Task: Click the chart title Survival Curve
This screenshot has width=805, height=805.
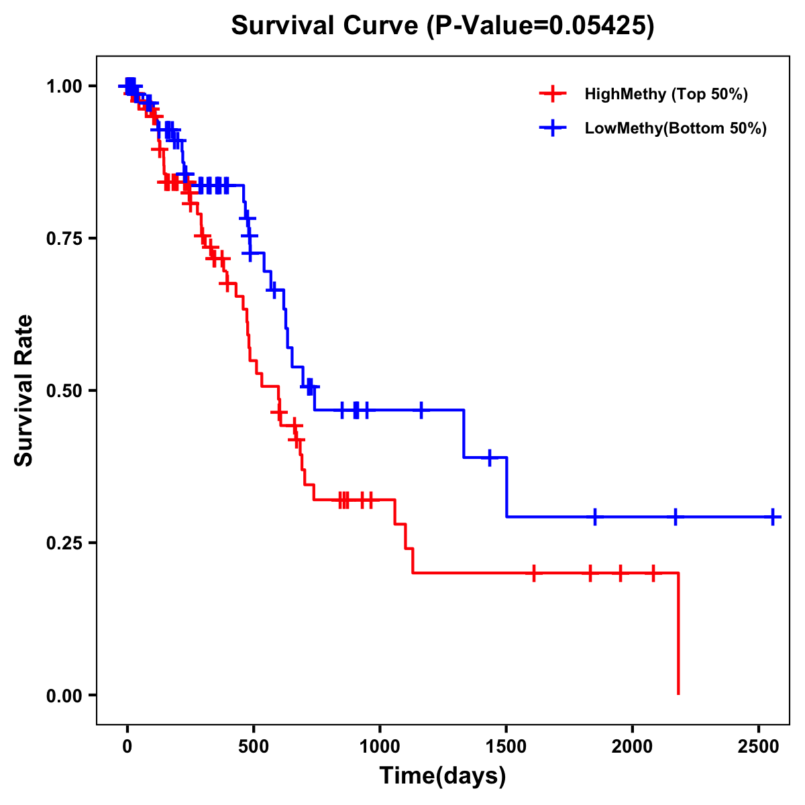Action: point(442,25)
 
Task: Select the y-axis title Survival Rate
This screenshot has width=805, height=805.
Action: point(24,390)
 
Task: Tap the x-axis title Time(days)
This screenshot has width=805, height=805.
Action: point(443,775)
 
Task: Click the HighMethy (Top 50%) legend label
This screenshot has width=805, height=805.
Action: point(665,94)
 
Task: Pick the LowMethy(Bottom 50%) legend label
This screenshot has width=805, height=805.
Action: point(676,128)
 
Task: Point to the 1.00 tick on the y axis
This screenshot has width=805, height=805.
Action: point(64,87)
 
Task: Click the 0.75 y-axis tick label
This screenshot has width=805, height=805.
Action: point(64,239)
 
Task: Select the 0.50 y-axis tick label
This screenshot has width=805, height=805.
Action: point(64,391)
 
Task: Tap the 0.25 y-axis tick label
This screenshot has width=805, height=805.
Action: point(64,543)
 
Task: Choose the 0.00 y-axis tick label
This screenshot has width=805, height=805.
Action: point(64,696)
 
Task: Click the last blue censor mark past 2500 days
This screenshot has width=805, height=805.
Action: point(773,517)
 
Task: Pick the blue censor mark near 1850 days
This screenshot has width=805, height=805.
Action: point(594,517)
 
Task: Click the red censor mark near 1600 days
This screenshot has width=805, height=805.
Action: point(534,573)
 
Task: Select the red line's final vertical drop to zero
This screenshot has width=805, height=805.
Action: point(678,634)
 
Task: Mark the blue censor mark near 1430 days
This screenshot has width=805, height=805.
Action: point(489,458)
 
